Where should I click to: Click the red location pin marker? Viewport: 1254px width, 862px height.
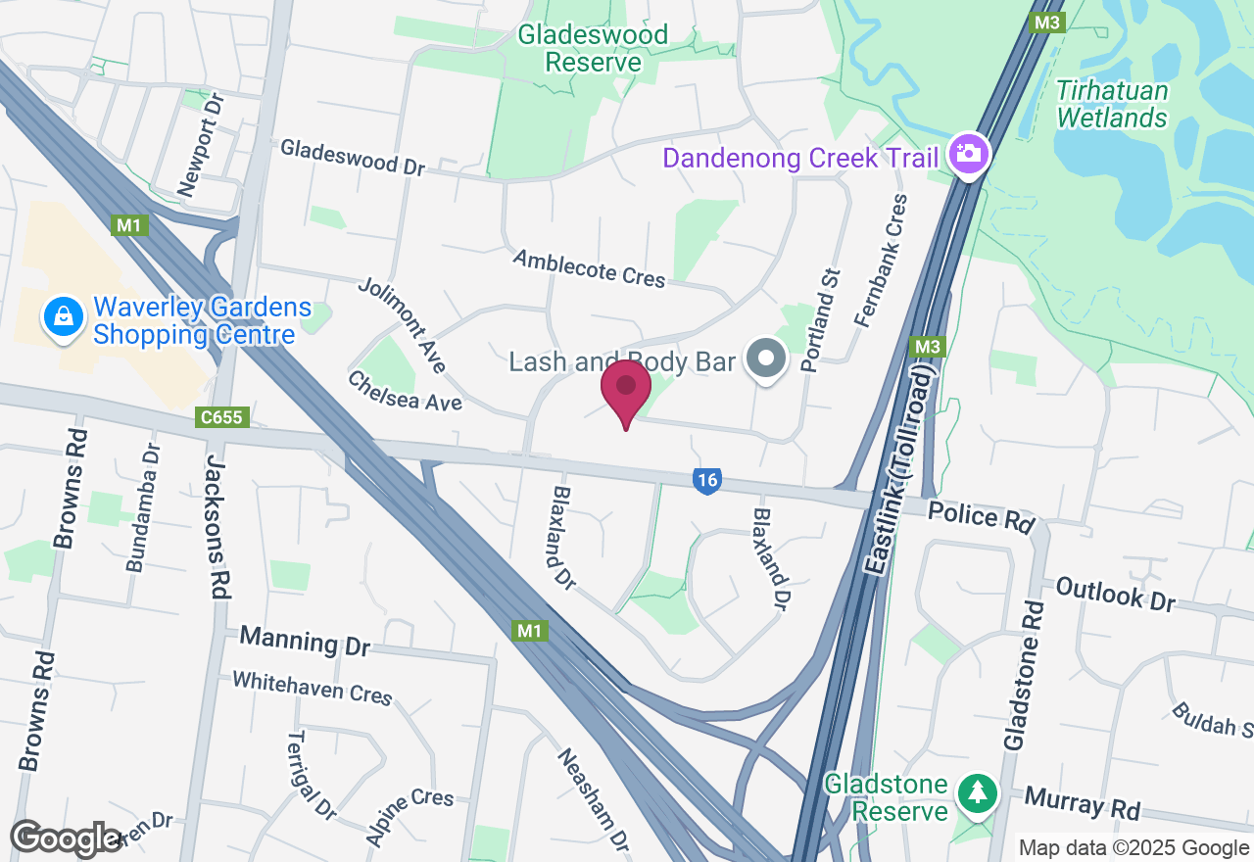pyautogui.click(x=626, y=389)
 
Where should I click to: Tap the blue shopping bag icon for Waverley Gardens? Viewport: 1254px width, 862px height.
pyautogui.click(x=64, y=316)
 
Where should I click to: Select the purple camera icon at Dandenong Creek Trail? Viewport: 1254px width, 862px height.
pyautogui.click(x=968, y=154)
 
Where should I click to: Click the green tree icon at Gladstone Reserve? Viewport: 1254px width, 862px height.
pyautogui.click(x=977, y=791)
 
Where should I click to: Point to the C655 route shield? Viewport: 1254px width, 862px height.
pyautogui.click(x=222, y=418)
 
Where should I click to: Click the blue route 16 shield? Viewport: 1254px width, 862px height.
pyautogui.click(x=706, y=480)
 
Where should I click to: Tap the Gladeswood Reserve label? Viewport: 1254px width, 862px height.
pyautogui.click(x=593, y=48)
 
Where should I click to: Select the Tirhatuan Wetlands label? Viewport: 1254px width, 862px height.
pyautogui.click(x=1113, y=105)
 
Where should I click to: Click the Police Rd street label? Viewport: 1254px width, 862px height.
pyautogui.click(x=981, y=516)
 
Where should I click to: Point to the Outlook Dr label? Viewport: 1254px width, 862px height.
pyautogui.click(x=1115, y=595)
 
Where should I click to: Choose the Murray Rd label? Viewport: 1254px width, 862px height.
pyautogui.click(x=1084, y=803)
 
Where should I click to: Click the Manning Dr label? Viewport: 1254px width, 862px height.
pyautogui.click(x=305, y=642)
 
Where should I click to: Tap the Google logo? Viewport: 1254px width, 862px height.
pyautogui.click(x=66, y=838)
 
